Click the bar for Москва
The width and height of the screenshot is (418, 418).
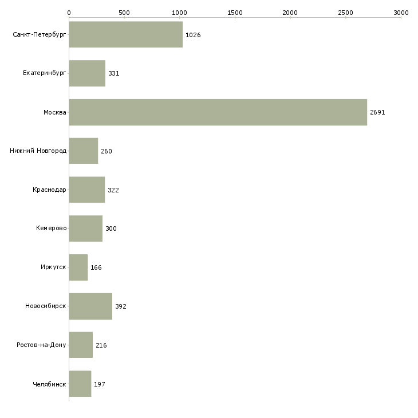coord(218,112)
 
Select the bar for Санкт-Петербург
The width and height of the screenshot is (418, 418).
coord(125,35)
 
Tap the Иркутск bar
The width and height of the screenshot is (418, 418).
coord(78,267)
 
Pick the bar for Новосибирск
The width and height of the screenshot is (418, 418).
coord(90,306)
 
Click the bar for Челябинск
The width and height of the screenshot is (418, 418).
coord(80,384)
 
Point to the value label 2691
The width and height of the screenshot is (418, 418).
coord(377,112)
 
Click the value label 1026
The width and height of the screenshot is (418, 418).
coord(193,35)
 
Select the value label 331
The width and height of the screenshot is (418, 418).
coord(113,74)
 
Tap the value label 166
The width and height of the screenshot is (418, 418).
coord(96,267)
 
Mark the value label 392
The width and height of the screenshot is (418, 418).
coord(120,306)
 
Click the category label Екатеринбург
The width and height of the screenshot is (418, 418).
coord(45,74)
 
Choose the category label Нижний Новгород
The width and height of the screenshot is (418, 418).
coord(38,151)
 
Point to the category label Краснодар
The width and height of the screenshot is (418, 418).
coord(49,190)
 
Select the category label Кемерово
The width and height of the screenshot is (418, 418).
coord(51,228)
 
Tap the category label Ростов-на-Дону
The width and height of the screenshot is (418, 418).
coord(42,345)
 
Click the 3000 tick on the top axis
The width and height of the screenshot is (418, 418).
coord(401,12)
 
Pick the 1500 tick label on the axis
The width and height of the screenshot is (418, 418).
coord(235,12)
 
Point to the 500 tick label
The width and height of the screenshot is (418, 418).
coord(124,12)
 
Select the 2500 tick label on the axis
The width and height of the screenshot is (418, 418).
coord(345,12)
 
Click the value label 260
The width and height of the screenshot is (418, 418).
coord(107,151)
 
